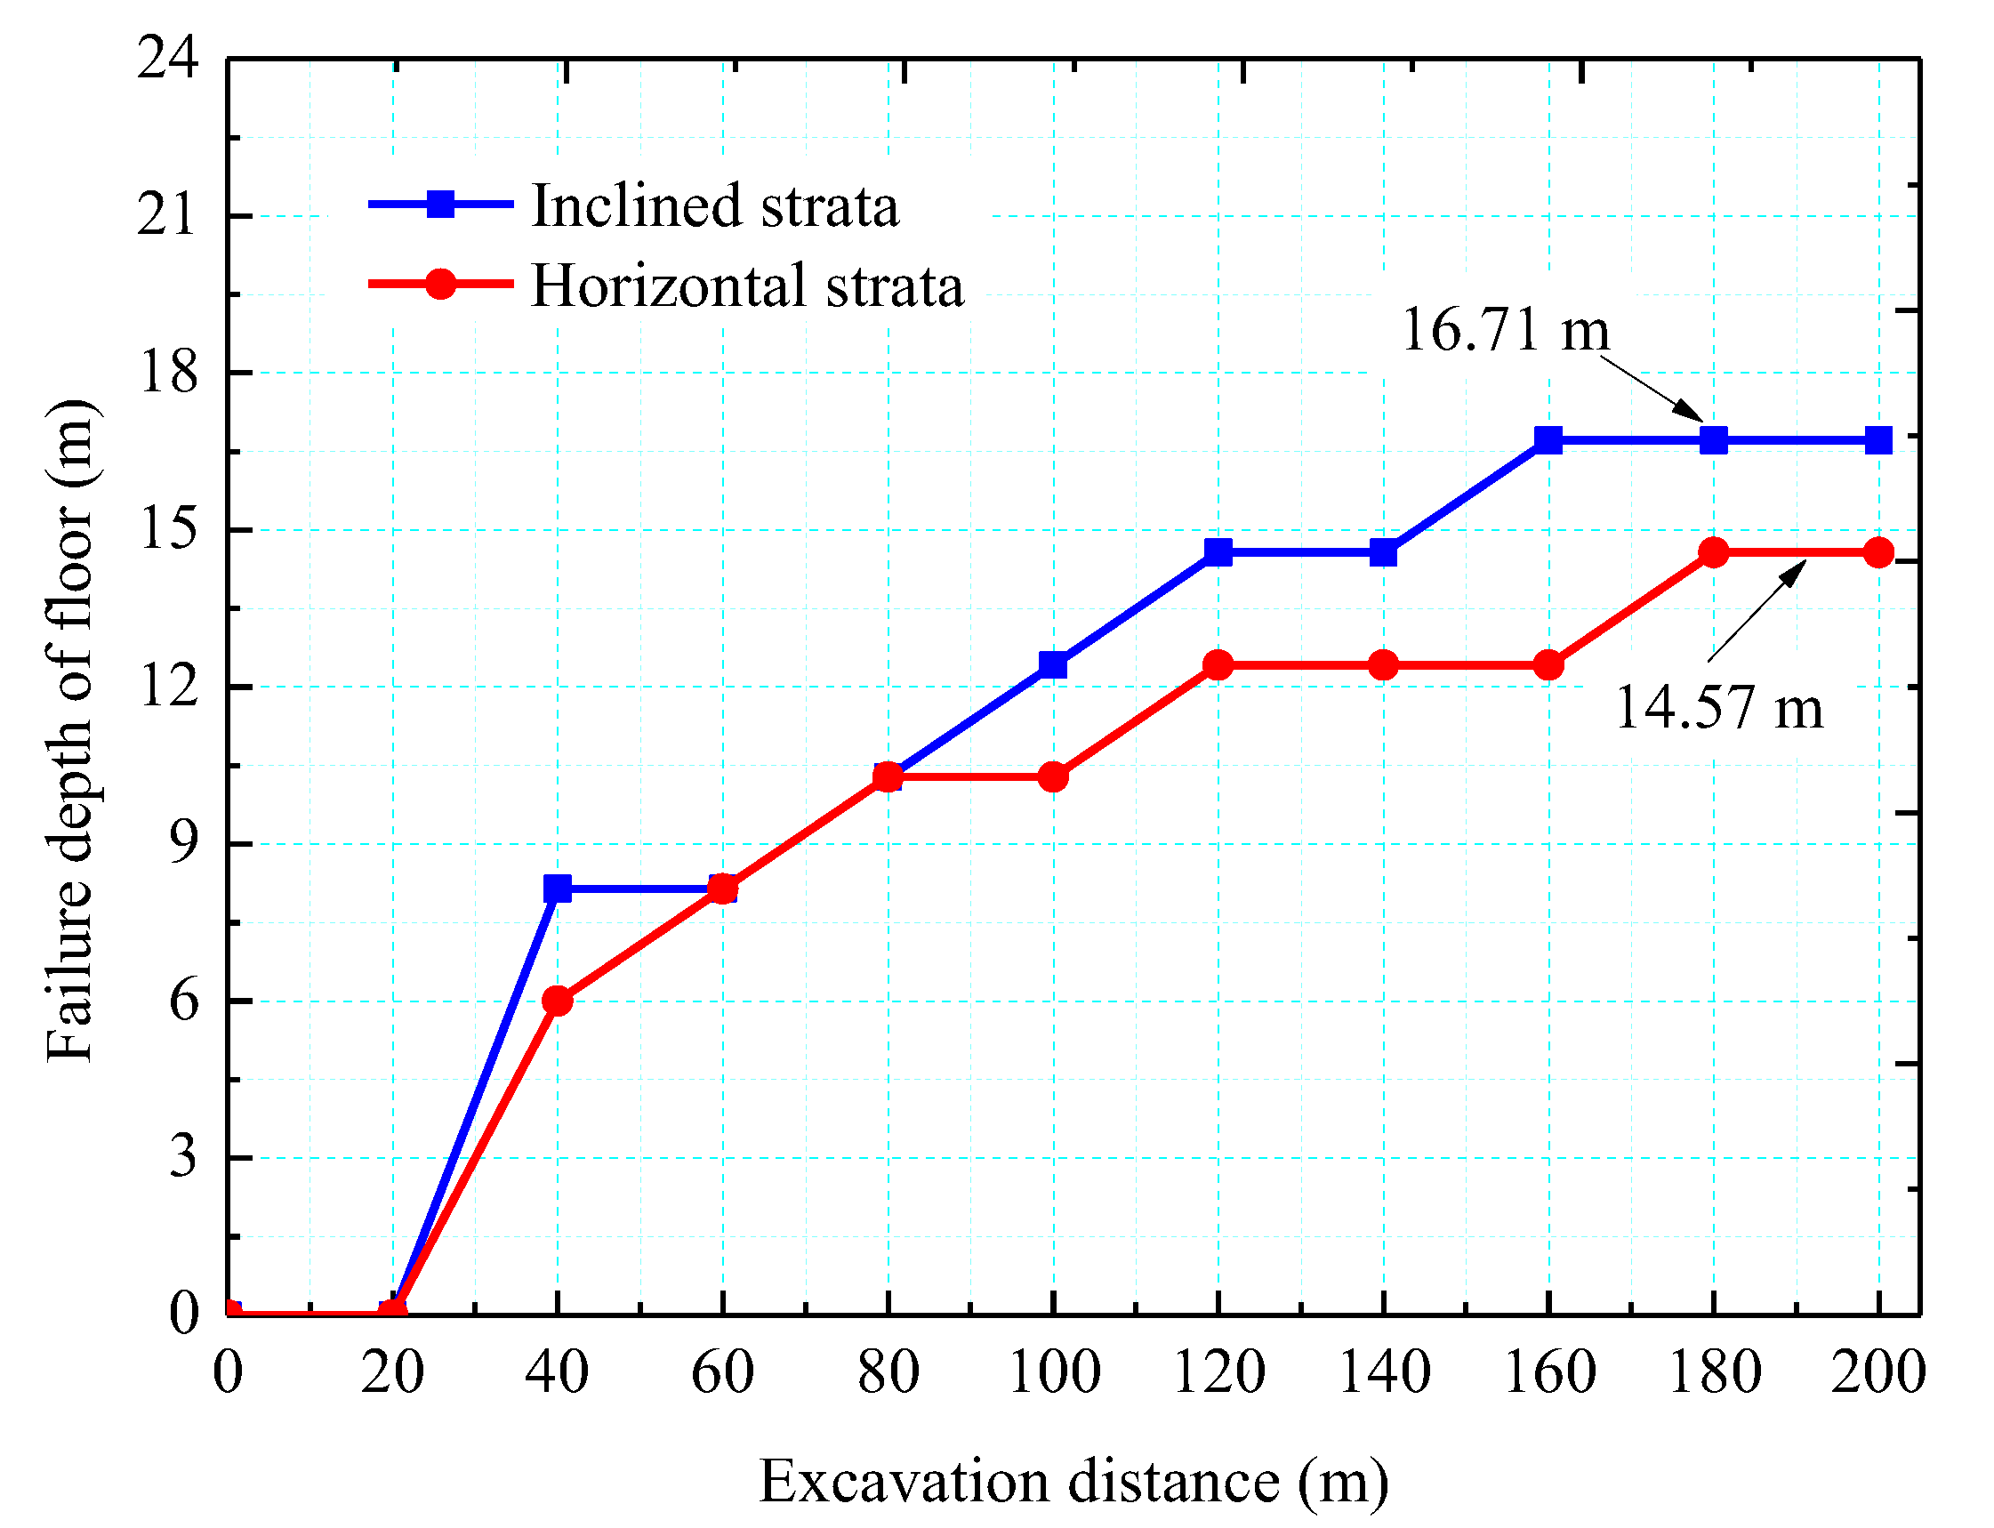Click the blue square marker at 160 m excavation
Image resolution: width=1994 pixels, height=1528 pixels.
[x=1548, y=440]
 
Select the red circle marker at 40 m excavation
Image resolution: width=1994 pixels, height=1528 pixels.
[x=558, y=1001]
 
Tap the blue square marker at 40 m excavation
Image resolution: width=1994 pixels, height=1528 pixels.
[x=558, y=889]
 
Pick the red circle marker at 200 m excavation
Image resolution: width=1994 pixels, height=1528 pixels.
[x=1878, y=552]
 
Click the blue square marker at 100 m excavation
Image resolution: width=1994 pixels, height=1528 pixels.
[x=1053, y=665]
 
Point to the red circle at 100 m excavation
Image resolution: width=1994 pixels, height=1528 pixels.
[x=1053, y=776]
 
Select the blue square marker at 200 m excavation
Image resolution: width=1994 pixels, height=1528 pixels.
[x=1878, y=440]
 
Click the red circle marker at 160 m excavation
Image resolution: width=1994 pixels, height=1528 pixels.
[x=1548, y=665]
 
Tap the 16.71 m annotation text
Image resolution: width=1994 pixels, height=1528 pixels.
[x=1505, y=329]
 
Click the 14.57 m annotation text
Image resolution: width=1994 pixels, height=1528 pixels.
[x=1718, y=708]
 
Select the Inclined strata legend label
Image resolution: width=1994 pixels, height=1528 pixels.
[x=715, y=205]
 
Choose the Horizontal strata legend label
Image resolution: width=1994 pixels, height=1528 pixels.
[x=746, y=285]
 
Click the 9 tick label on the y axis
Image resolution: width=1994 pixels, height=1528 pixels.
[x=182, y=843]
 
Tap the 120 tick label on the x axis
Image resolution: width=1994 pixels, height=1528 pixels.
[x=1218, y=1371]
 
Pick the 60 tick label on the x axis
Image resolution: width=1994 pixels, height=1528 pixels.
[x=723, y=1371]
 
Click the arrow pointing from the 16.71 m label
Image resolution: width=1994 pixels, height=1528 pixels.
[x=1651, y=388]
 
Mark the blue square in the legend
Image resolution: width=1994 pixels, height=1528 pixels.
[x=441, y=204]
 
